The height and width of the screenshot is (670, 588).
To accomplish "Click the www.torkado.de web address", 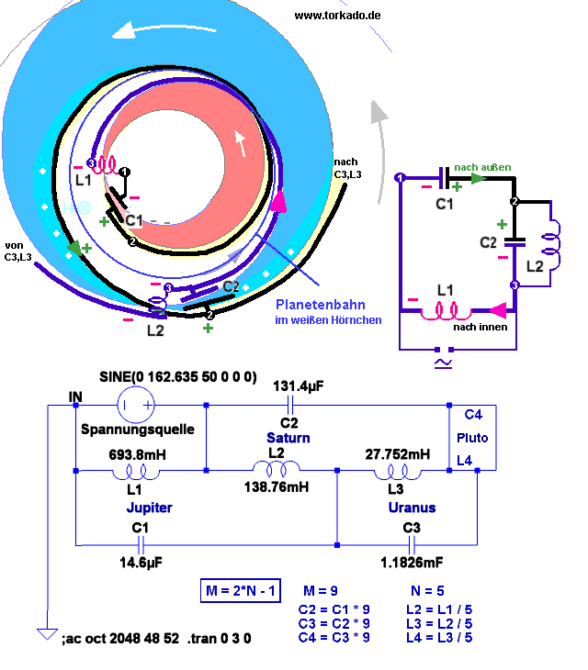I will (x=337, y=16).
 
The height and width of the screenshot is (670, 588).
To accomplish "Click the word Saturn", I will (x=288, y=438).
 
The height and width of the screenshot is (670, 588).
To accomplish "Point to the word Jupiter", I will (x=149, y=507).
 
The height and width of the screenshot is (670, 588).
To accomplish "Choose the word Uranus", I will (x=412, y=507).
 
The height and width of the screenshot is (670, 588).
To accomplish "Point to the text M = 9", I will (x=322, y=590).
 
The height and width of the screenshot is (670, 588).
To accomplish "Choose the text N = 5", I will (x=428, y=590).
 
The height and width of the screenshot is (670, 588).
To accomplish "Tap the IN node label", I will (x=76, y=396).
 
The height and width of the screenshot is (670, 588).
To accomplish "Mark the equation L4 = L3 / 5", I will (x=438, y=638).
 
